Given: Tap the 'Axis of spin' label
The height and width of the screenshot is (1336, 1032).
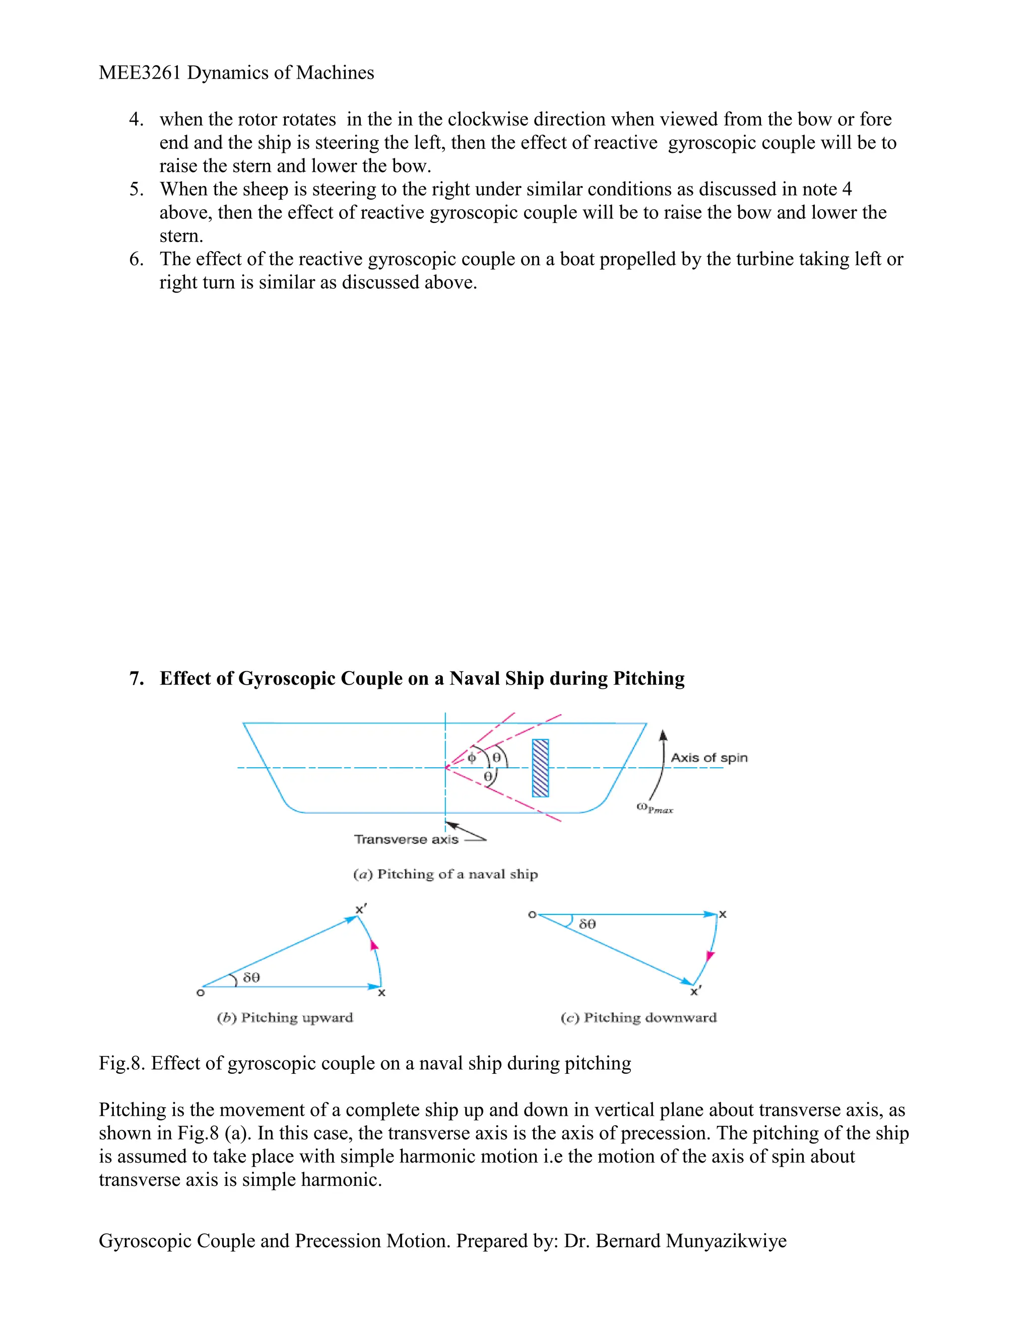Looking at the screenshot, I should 708,757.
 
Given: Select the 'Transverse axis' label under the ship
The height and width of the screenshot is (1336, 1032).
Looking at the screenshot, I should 406,839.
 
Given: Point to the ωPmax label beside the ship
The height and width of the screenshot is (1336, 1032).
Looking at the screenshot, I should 654,808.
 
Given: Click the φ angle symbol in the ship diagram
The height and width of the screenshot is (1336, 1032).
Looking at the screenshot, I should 471,758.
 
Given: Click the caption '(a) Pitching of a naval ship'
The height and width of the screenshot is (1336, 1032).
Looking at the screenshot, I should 445,874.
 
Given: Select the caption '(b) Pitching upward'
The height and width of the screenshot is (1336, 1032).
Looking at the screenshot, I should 285,1017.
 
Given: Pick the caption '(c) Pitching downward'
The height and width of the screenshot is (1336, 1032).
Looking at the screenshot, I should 638,1017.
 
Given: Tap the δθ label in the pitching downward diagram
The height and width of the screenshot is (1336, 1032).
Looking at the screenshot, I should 587,924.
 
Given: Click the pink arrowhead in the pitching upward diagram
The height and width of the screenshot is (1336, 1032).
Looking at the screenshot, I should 374,945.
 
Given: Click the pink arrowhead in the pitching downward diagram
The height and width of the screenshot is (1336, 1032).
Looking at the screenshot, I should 710,955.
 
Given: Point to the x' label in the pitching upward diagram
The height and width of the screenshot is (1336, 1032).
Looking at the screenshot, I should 361,909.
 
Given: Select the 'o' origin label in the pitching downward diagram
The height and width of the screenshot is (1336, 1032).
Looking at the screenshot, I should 532,915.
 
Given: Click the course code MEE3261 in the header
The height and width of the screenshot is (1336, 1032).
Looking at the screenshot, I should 140,73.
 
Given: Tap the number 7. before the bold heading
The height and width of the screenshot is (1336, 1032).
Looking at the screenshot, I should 137,679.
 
